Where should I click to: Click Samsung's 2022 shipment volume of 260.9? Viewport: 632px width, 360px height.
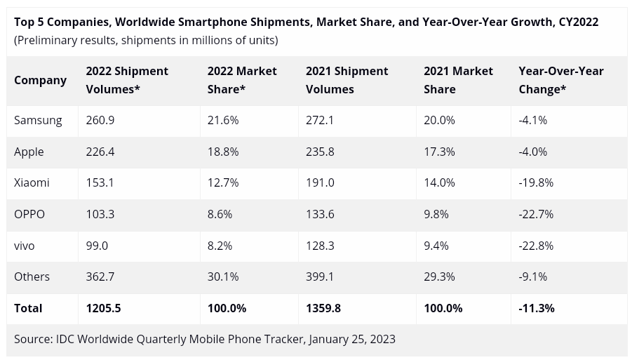tap(100, 120)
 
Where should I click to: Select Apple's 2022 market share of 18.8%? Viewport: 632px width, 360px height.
tap(223, 152)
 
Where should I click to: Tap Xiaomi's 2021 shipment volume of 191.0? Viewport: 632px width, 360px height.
tap(321, 182)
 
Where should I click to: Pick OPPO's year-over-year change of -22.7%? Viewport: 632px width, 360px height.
tap(536, 214)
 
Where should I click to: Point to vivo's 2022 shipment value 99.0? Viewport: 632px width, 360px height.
tap(97, 246)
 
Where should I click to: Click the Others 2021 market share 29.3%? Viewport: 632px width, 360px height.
tap(439, 276)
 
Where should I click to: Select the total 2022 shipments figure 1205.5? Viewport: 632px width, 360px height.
tap(103, 308)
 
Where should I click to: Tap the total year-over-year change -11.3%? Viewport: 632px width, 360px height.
tap(537, 308)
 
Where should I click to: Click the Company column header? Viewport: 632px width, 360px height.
tap(40, 80)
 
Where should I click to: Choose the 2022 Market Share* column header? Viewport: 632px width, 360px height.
tap(242, 80)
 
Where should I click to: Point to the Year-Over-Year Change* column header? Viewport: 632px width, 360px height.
tap(560, 80)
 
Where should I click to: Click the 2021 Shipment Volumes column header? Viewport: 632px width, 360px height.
tap(347, 80)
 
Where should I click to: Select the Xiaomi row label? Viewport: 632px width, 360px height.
tap(32, 182)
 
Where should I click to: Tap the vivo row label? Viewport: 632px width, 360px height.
tap(24, 246)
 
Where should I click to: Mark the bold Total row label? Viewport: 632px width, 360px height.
tap(28, 308)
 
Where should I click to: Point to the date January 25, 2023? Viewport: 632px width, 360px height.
tap(352, 339)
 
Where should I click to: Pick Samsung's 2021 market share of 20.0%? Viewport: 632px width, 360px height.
tap(439, 120)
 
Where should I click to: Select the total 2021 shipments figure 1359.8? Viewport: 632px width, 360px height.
tap(323, 308)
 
